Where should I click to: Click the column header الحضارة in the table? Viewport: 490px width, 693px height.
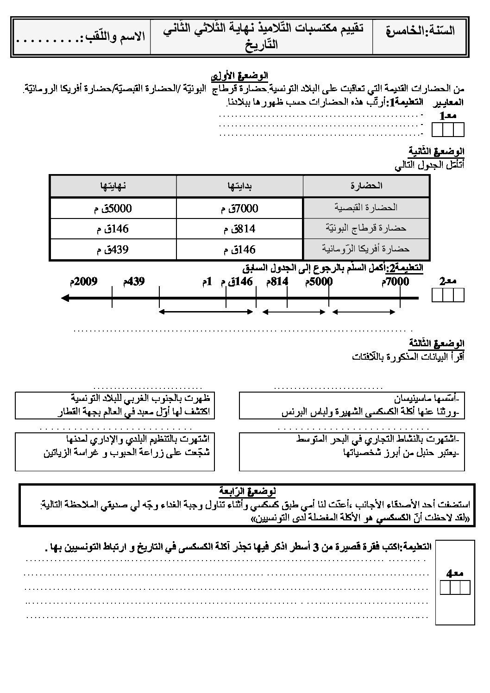366,186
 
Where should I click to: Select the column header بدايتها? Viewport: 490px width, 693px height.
239,186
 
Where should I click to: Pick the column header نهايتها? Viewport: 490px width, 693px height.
113,186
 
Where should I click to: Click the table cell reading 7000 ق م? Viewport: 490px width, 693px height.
239,208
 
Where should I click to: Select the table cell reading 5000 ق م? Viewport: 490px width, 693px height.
113,208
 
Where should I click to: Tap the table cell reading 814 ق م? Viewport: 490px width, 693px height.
239,229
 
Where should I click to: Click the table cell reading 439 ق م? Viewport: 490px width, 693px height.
113,250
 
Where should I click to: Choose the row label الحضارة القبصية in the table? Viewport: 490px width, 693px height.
366,208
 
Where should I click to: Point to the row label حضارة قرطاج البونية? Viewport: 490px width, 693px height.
366,229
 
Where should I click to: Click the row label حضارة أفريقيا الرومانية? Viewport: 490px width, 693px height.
366,249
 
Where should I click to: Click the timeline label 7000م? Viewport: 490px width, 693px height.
395,281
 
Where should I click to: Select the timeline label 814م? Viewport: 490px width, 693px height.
277,281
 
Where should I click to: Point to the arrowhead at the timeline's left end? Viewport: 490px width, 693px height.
65,298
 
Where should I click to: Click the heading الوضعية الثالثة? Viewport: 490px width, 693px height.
436,343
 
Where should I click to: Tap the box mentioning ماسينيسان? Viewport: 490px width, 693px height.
352,406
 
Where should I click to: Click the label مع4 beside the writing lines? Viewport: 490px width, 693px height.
455,573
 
